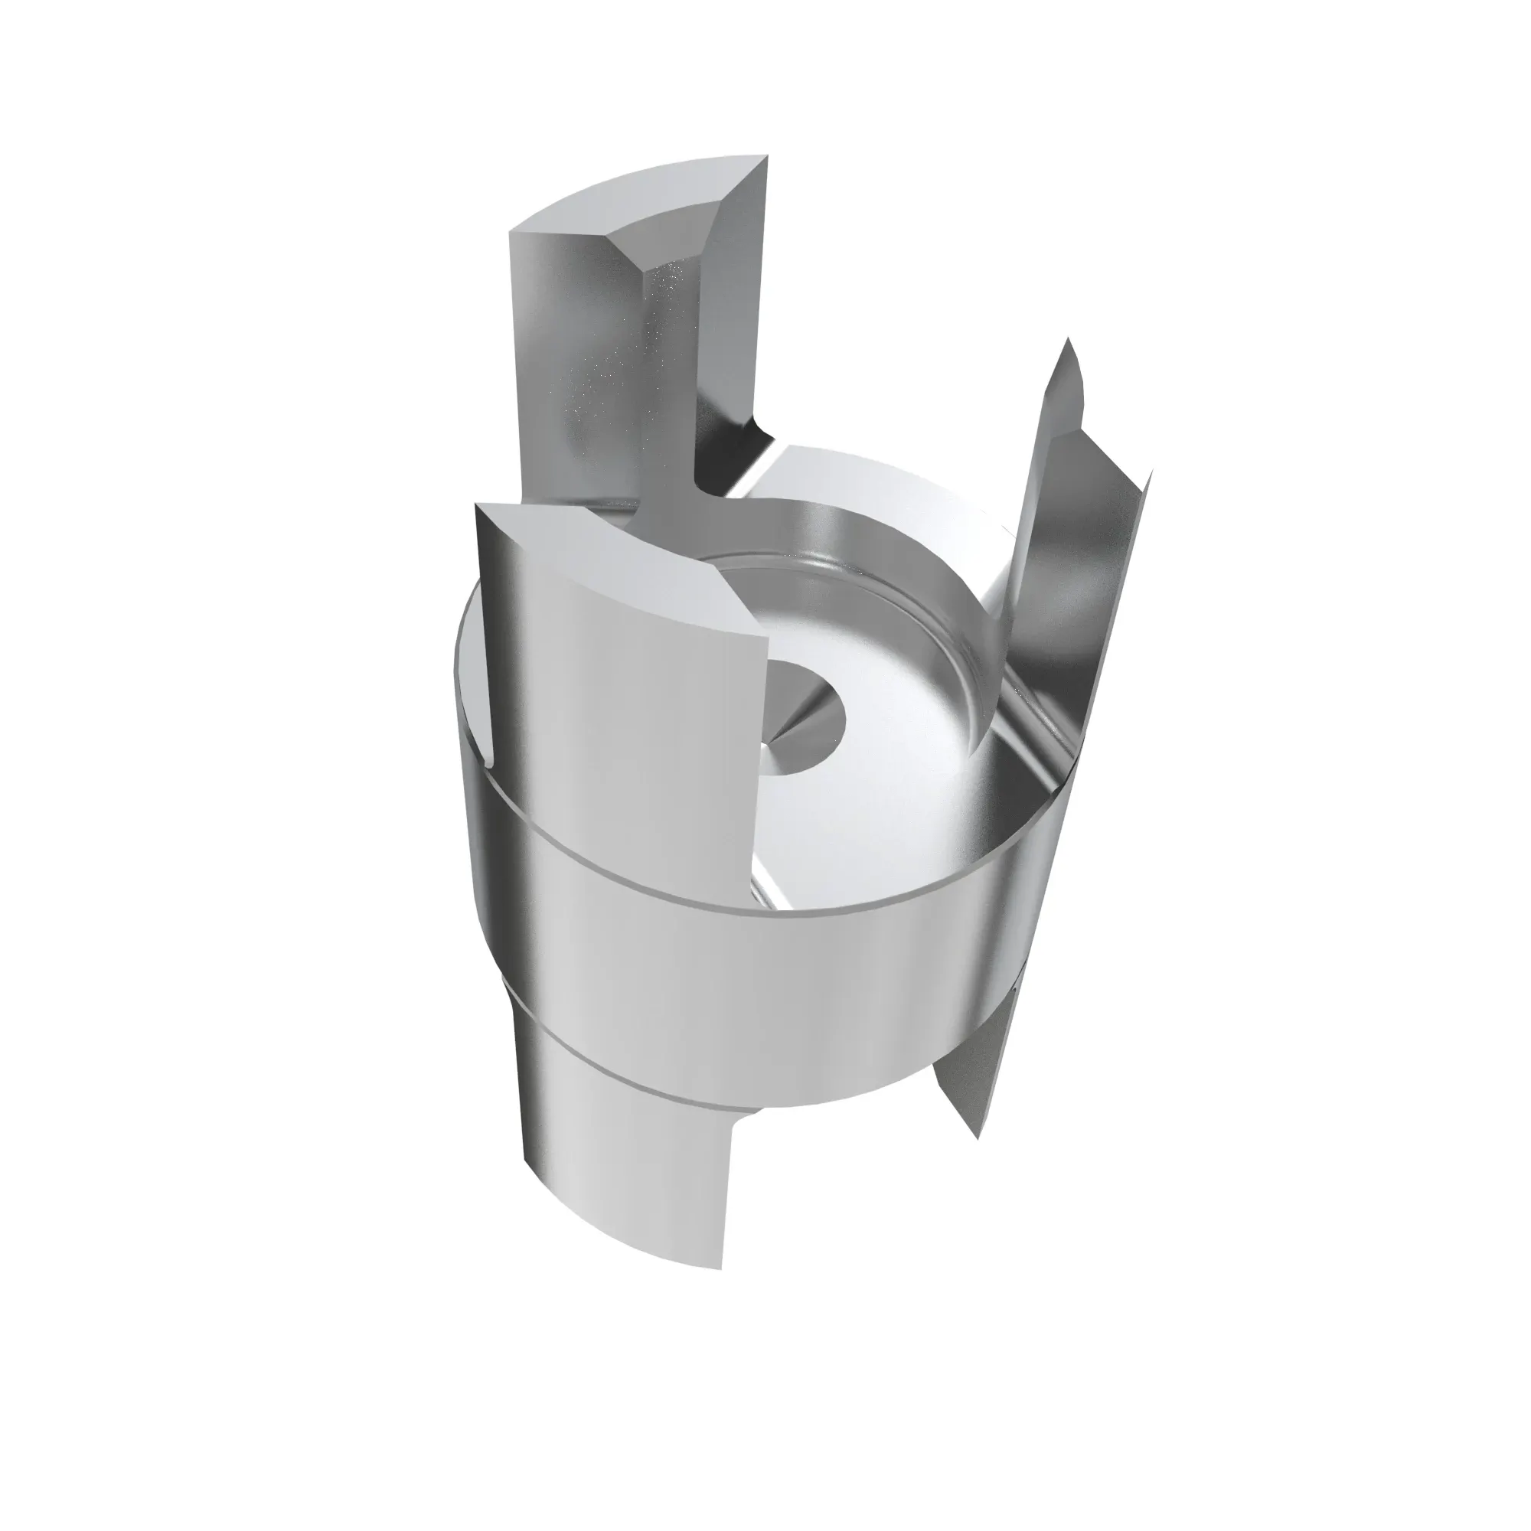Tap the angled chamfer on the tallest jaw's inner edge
pos(729,333)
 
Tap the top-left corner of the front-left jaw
pos(478,506)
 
